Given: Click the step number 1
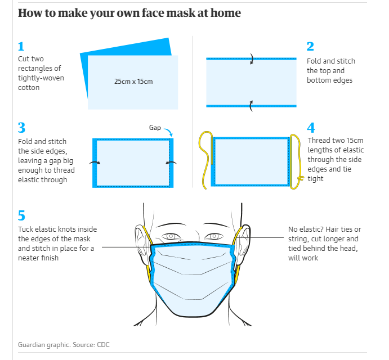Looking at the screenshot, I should point(21,47).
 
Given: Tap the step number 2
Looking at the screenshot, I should point(310,47).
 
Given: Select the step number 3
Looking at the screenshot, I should point(21,128).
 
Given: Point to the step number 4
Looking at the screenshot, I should point(311,128).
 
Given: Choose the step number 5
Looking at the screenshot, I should point(21,215).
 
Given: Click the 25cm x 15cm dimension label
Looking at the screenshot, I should point(133,82).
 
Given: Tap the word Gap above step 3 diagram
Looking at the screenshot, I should point(155,128).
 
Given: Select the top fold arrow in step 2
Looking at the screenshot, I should point(252,58).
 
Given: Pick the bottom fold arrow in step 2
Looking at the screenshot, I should point(252,103).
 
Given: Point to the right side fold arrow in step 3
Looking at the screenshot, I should point(171,163).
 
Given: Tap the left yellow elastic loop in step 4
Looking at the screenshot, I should point(204,155).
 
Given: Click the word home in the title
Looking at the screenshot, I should point(225,12).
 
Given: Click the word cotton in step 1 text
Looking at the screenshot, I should point(29,88).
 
